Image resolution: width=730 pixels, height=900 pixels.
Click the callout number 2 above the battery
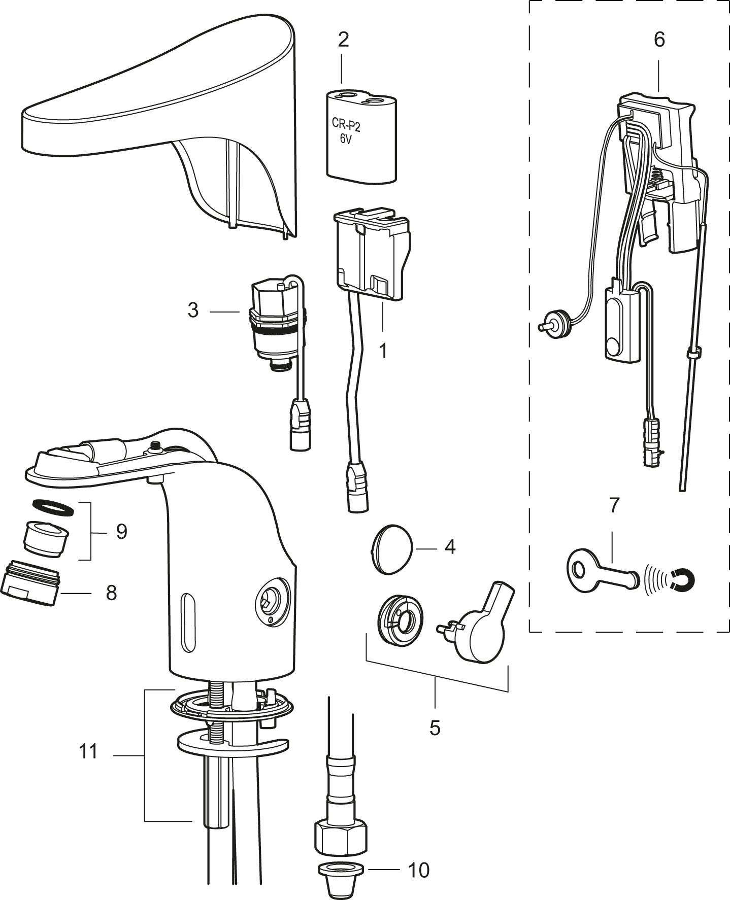point(343,40)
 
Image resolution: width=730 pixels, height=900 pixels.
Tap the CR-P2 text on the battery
point(346,123)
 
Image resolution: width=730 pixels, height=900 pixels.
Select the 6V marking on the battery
point(345,139)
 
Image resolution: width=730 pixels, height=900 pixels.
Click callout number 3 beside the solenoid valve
point(193,310)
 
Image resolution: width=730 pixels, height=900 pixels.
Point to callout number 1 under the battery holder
point(383,350)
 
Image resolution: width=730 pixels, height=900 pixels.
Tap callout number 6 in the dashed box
point(658,40)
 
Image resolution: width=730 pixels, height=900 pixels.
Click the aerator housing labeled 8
point(31,582)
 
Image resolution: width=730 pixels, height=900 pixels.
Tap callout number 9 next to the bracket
point(121,532)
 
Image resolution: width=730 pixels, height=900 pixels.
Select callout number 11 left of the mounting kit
point(88,751)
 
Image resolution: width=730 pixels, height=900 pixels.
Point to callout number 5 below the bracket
point(435,728)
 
